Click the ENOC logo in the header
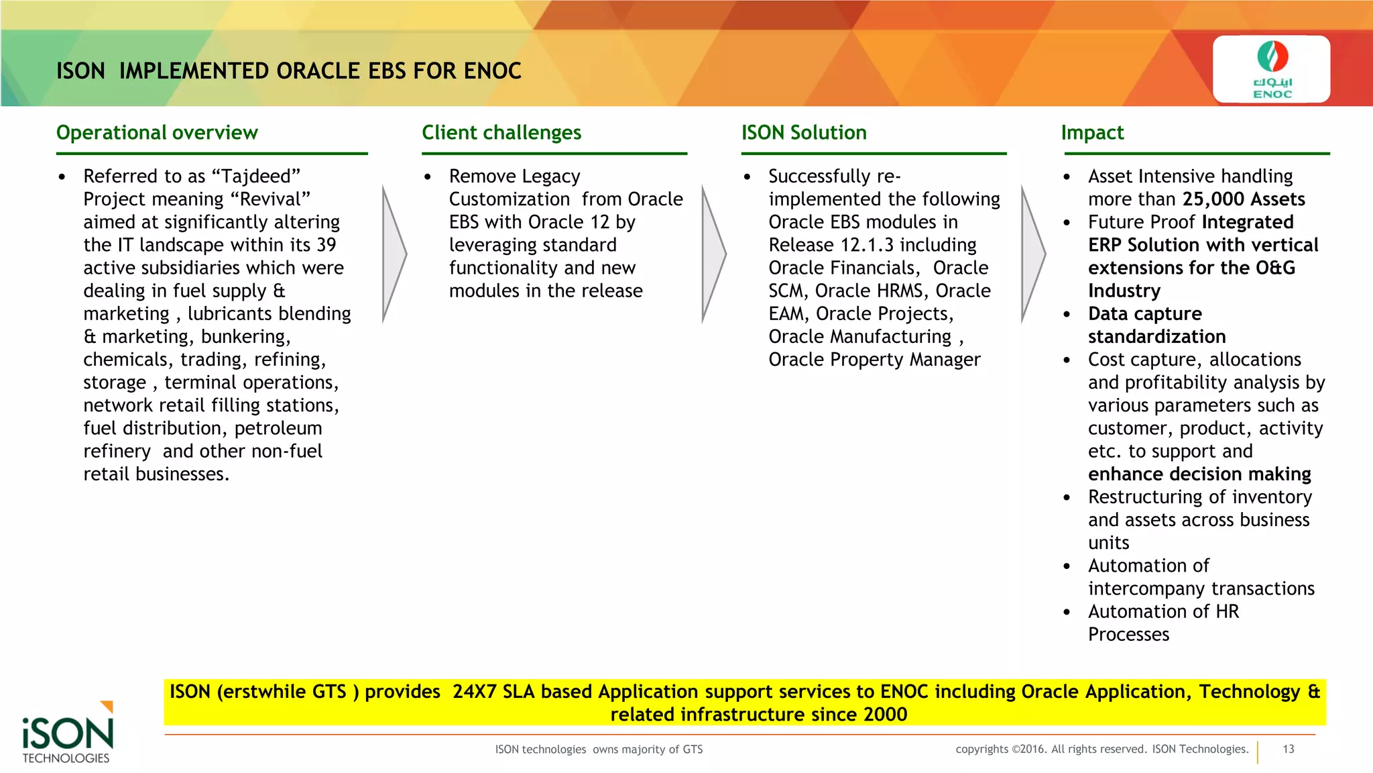point(1272,69)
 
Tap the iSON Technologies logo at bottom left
point(67,734)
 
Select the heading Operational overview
point(157,133)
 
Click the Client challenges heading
point(501,133)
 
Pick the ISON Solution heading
point(804,133)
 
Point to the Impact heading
point(1092,133)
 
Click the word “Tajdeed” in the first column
point(255,176)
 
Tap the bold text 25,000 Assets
point(1244,199)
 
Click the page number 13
point(1288,749)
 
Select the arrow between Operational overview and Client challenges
point(394,254)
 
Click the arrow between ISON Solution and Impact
point(1033,254)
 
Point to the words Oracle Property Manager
point(874,360)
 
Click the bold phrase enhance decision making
point(1199,474)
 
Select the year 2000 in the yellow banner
point(885,715)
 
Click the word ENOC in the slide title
point(492,71)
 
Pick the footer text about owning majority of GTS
point(599,750)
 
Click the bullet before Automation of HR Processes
point(1067,612)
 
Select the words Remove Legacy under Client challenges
point(514,176)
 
